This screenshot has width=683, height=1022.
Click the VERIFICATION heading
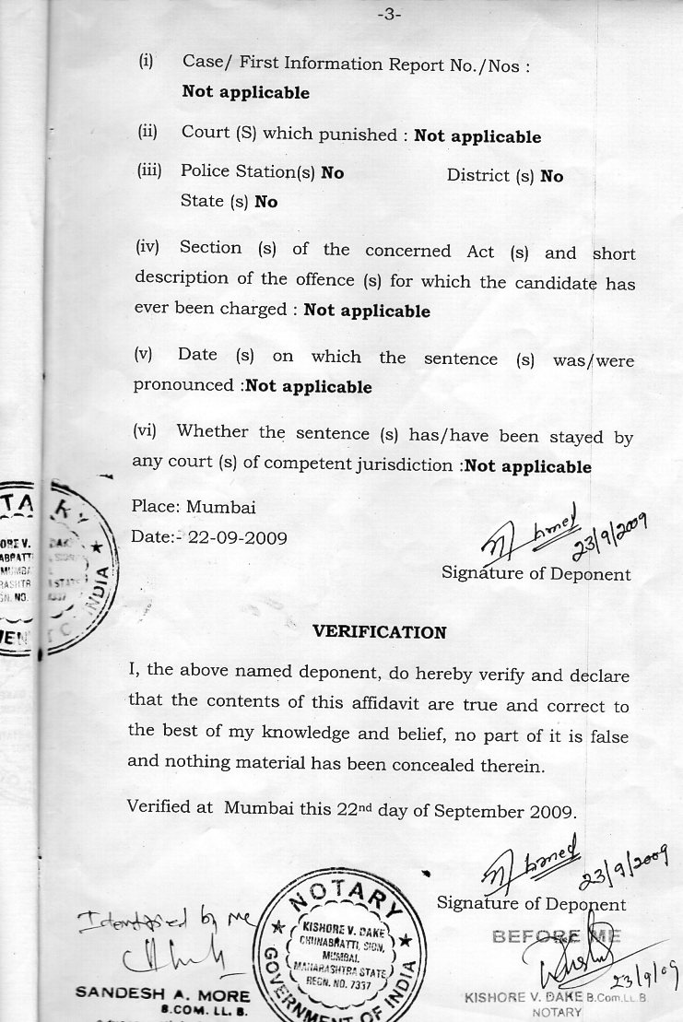[x=380, y=632]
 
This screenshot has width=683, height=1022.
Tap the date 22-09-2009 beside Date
[x=237, y=536]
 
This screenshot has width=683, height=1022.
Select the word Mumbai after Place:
[x=221, y=507]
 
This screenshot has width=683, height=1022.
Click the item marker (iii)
[x=149, y=170]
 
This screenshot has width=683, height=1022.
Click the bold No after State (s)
[x=266, y=202]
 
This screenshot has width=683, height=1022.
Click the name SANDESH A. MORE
[x=162, y=995]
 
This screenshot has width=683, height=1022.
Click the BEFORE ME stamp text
[x=557, y=936]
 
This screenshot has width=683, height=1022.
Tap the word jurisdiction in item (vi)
[x=401, y=466]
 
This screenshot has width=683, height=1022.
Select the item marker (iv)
[x=148, y=248]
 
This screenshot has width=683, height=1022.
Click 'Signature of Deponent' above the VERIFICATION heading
[x=536, y=573]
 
